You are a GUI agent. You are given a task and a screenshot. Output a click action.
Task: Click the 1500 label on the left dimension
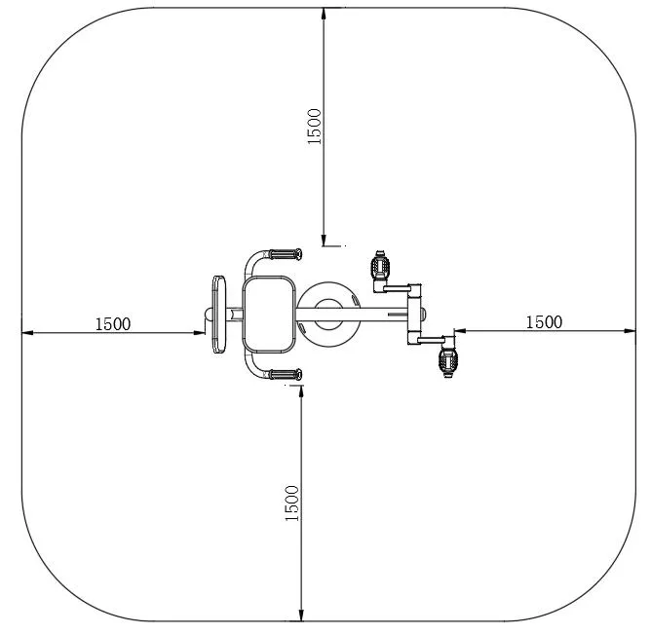(113, 323)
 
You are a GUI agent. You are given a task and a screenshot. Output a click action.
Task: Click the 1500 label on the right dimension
(544, 321)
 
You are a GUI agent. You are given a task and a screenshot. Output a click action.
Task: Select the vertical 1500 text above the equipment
(314, 127)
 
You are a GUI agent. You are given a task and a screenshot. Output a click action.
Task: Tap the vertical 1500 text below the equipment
(291, 503)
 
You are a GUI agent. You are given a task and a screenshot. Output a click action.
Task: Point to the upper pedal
(380, 265)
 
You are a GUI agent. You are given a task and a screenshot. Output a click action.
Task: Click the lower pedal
(448, 359)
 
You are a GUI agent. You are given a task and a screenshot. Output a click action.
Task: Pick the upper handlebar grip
(285, 255)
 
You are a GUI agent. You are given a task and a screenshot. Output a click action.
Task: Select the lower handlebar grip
(285, 374)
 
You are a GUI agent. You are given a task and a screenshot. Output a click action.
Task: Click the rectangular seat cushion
(268, 315)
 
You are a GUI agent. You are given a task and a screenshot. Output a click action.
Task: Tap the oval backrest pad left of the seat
(218, 315)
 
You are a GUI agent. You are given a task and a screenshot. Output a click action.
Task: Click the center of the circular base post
(326, 314)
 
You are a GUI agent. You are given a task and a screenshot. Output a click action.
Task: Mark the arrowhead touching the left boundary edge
(28, 332)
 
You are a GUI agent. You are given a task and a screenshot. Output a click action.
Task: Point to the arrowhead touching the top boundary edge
(325, 14)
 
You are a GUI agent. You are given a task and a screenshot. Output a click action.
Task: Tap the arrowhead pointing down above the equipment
(325, 237)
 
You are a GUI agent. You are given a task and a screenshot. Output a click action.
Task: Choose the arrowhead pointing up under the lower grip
(302, 391)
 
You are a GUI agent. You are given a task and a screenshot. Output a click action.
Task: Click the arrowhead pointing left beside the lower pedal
(460, 331)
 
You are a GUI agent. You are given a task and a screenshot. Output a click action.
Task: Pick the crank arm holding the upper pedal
(400, 289)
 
